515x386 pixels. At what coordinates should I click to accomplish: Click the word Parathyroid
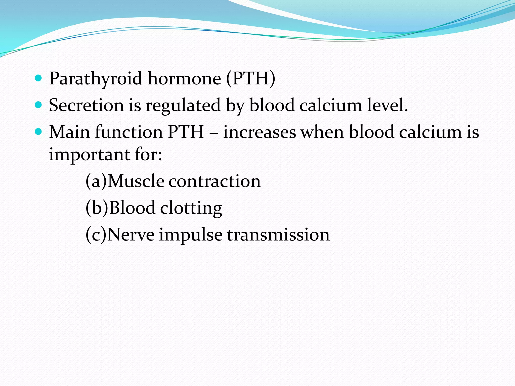pos(96,79)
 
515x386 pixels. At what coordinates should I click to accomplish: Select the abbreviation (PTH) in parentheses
pos(251,79)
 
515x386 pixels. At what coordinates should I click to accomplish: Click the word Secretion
pos(86,105)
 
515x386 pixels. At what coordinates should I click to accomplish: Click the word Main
pos(69,132)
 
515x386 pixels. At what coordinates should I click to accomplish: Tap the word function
pos(129,132)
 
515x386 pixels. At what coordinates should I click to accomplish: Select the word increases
pos(260,132)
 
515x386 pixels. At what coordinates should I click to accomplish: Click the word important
pos(89,155)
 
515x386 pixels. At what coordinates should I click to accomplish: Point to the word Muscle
pos(136,181)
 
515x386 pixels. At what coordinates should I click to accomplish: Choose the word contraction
pos(214,181)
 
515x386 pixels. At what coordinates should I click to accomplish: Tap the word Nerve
pos(131,235)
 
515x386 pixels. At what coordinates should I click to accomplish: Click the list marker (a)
pos(96,181)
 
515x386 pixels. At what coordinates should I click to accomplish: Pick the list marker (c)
pos(96,235)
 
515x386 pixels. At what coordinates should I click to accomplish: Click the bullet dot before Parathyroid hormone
pos(38,78)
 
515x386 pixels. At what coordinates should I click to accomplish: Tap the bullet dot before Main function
pos(38,131)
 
